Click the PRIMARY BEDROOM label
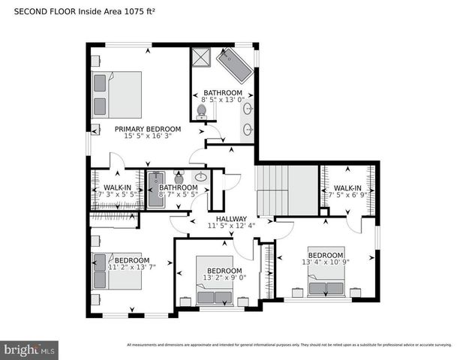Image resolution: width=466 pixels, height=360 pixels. (143, 128)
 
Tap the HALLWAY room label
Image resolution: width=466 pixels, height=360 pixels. (232, 219)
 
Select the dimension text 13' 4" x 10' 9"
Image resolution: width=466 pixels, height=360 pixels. (326, 262)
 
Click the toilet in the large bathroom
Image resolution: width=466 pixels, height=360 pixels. (201, 112)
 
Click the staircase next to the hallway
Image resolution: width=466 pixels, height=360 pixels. (272, 190)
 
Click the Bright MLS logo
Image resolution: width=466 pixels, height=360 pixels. (30, 349)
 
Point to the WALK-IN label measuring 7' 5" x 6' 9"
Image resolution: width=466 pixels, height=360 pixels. (347, 187)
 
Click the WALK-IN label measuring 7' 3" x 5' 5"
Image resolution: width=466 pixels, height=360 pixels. (118, 187)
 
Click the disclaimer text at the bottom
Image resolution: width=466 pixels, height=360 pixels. (288, 344)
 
